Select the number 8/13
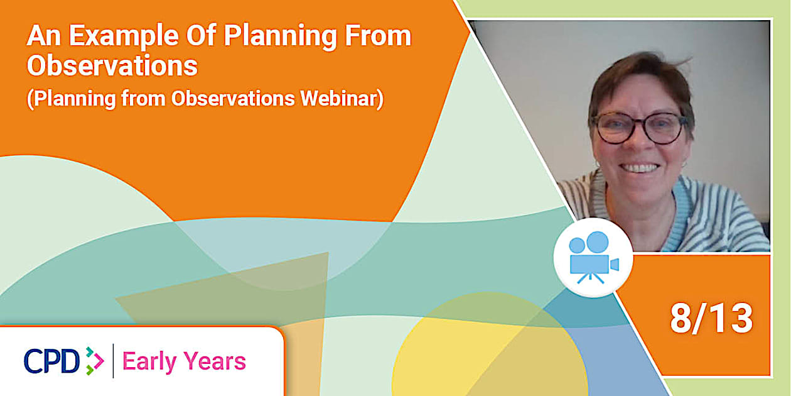coord(711,319)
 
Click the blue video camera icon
coord(593,258)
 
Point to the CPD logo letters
coord(51,361)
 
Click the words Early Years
coord(184,361)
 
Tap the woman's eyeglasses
coord(639,128)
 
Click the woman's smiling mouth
coord(641,168)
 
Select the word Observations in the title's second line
coord(112,66)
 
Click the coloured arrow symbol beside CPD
coord(94,361)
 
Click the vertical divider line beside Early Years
coord(113,361)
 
